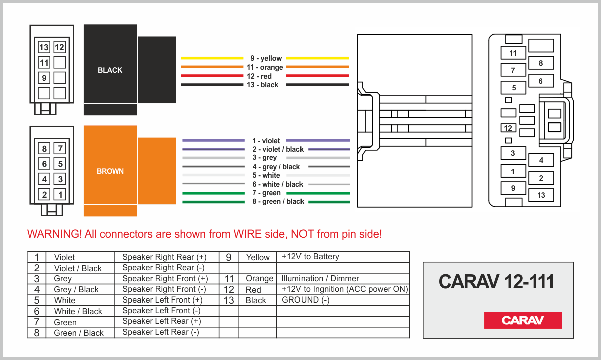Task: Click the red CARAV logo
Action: point(523,320)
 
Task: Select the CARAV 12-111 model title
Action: point(496,282)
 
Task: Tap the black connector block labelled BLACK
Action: point(110,70)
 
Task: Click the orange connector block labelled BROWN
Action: point(110,171)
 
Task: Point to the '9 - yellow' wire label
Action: point(266,58)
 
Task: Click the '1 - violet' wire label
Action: point(266,141)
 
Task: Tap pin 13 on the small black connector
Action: point(44,47)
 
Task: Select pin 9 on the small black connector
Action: point(44,78)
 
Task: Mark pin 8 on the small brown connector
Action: point(44,148)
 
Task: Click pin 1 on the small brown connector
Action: point(60,195)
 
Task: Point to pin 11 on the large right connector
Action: point(513,53)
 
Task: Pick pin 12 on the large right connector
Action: point(508,128)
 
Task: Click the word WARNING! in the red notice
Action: point(54,234)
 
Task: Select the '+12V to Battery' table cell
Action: point(311,257)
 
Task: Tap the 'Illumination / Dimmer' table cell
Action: point(321,278)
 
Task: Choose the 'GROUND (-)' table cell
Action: point(306,300)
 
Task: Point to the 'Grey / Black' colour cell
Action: point(76,289)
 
